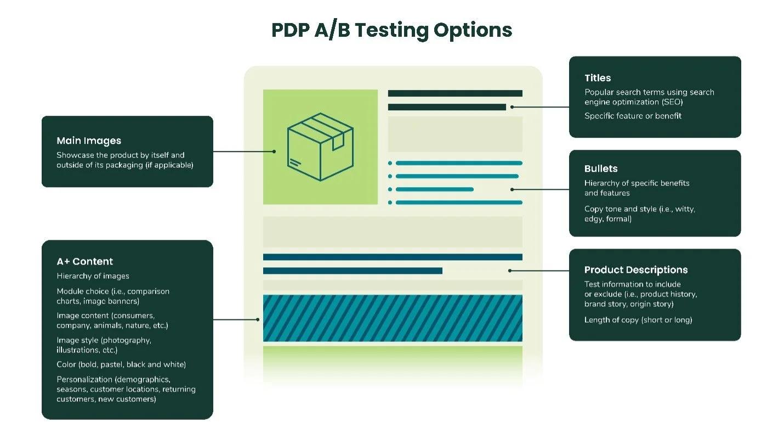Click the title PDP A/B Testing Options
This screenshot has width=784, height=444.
tap(391, 30)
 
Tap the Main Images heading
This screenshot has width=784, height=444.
tap(89, 141)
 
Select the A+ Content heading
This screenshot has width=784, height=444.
tap(85, 262)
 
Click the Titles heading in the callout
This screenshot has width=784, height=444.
tap(598, 78)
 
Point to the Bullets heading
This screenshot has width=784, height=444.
tap(601, 169)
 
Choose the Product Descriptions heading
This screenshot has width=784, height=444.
tap(636, 270)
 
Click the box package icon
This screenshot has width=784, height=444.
tap(320, 147)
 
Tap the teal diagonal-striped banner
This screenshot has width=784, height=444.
tap(393, 318)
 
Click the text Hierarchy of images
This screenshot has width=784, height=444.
tap(93, 276)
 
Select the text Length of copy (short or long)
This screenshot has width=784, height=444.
tap(638, 320)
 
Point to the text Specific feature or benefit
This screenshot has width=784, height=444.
tap(633, 116)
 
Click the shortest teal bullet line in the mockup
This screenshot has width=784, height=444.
tap(434, 189)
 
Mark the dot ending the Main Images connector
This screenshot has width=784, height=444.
tap(274, 151)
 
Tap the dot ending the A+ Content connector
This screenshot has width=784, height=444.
tap(258, 319)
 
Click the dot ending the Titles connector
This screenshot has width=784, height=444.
tap(512, 107)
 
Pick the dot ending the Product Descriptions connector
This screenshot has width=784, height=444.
tap(510, 271)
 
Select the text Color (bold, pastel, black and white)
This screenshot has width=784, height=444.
tap(121, 364)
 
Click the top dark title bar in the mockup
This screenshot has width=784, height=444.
tap(455, 93)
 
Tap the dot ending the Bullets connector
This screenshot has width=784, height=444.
tap(512, 189)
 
